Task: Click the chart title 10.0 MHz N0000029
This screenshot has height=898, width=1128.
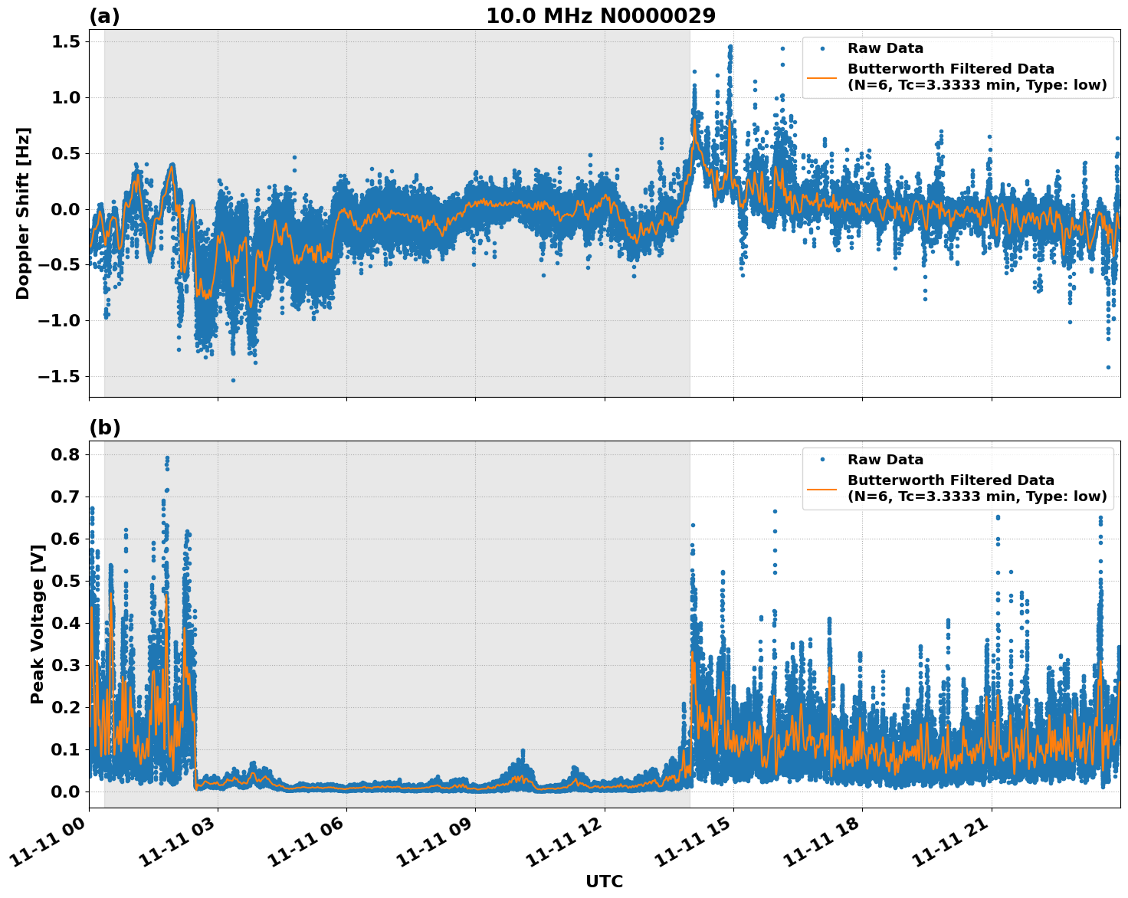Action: (x=601, y=16)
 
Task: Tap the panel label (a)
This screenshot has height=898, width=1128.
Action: (x=104, y=16)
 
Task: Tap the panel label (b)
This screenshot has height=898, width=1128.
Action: (x=104, y=428)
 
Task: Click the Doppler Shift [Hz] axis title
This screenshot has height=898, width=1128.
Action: (x=23, y=213)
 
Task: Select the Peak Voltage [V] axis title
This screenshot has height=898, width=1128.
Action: (x=37, y=624)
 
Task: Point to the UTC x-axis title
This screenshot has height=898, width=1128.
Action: (x=604, y=881)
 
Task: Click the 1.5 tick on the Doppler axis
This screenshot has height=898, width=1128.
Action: (x=66, y=41)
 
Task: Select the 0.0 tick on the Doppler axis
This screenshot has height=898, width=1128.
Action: (x=66, y=209)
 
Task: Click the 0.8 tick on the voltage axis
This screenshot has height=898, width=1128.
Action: (x=66, y=454)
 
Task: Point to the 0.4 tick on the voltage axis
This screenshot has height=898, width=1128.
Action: (x=66, y=623)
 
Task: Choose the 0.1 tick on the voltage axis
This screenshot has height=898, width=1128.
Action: (x=66, y=749)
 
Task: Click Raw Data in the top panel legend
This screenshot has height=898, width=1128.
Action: (x=885, y=48)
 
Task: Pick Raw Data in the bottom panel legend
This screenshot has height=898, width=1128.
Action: (x=885, y=460)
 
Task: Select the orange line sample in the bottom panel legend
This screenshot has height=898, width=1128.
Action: (x=822, y=488)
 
